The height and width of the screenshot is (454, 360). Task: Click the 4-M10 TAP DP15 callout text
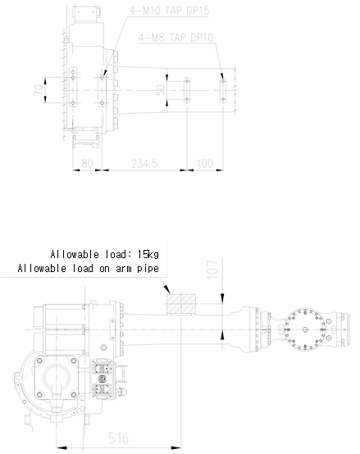point(170,11)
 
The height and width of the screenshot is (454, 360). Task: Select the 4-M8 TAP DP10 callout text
point(176,38)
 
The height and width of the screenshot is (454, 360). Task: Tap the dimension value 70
point(39,90)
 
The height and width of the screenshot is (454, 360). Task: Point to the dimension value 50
point(161,90)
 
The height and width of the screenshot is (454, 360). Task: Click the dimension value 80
point(87,164)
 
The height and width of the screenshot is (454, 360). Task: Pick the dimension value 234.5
point(144,164)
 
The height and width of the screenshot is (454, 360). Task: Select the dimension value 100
point(205,164)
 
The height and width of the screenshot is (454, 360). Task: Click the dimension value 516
point(118,438)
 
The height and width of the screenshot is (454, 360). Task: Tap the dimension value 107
point(212,270)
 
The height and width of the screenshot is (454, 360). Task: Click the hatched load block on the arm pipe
point(181,304)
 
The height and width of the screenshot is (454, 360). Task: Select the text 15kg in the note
point(148,254)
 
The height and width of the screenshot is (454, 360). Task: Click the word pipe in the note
point(148,269)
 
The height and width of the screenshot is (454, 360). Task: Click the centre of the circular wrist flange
point(305,329)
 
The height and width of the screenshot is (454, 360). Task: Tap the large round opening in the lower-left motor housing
point(57,377)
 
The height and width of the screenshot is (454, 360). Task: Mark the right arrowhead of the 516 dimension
point(176,448)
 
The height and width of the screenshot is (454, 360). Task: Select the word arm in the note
point(124,269)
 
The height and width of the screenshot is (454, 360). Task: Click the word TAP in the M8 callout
point(178,38)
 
